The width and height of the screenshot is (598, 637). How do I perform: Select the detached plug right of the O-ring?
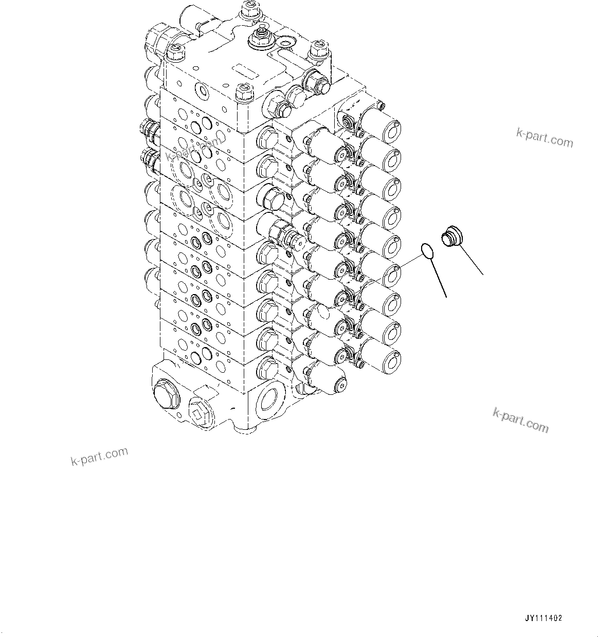(450, 238)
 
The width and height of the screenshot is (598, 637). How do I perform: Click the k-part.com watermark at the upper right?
(545, 137)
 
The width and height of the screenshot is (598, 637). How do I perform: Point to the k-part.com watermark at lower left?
(99, 456)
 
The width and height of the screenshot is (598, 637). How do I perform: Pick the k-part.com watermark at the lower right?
(520, 420)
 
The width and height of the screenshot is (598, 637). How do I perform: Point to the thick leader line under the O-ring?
(438, 279)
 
